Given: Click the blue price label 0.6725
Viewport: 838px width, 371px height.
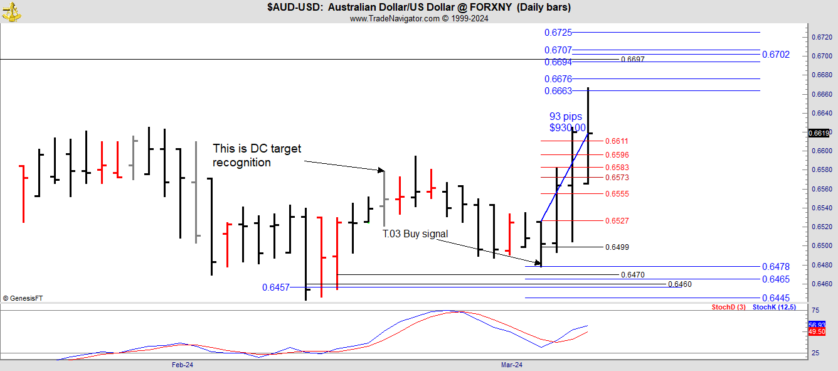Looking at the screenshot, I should point(558,32).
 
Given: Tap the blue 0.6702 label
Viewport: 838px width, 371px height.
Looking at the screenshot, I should point(775,55).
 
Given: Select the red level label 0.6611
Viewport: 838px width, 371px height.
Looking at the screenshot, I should point(617,141).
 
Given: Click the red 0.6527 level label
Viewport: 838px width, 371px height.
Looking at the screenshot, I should point(617,221).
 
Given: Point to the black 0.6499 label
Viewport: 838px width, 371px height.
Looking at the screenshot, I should point(617,247).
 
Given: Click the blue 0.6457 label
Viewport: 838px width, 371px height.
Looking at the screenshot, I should point(275,288).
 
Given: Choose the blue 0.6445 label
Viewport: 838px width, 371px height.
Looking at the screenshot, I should point(775,298).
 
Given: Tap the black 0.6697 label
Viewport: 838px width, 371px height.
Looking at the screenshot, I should point(632,60).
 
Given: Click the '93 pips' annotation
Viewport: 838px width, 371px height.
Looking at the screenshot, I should point(565,116).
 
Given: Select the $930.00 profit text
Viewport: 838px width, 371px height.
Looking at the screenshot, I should point(567,127).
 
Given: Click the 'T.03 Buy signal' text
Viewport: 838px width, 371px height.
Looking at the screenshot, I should point(415,234).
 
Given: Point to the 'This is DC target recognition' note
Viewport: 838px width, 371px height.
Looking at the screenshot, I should point(257,156).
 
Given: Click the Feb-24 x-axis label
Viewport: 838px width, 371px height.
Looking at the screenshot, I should point(182,365).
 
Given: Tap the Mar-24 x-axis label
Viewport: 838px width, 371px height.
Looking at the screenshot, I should point(511,365).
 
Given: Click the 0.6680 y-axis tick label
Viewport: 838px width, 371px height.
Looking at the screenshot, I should point(822,75).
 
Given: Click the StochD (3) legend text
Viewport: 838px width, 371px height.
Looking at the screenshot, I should point(728,307).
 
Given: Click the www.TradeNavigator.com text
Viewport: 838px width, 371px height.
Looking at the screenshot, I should point(395,18).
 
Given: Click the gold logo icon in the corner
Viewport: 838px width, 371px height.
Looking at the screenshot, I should point(11,11).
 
